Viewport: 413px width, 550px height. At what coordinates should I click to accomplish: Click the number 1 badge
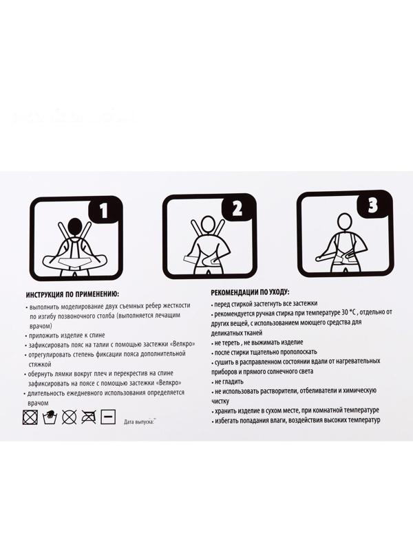coord(104,211)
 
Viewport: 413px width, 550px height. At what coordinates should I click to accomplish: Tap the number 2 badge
coord(237,209)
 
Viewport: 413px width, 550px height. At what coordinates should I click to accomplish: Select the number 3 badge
coord(372,206)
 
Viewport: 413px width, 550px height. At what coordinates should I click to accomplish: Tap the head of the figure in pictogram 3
coord(344,221)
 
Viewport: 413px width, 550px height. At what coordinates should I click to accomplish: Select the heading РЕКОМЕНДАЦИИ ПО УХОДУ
coord(251,291)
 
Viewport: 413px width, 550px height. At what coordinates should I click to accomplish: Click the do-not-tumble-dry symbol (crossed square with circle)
coord(30,417)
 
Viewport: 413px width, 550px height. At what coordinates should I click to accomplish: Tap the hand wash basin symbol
coord(50,417)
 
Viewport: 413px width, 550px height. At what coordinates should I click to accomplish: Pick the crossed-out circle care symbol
coord(70,417)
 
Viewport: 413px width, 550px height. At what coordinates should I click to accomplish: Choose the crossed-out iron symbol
coord(89,417)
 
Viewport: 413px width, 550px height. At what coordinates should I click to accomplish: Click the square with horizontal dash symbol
coord(108,417)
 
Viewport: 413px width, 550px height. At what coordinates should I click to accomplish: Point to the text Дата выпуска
coord(139,421)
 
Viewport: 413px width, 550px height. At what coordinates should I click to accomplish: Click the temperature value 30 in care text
coord(344,312)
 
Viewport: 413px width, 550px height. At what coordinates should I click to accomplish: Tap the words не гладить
coord(229,382)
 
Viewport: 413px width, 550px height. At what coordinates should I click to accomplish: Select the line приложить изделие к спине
coord(67,335)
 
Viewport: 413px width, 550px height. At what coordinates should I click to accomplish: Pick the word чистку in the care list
coord(220,401)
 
